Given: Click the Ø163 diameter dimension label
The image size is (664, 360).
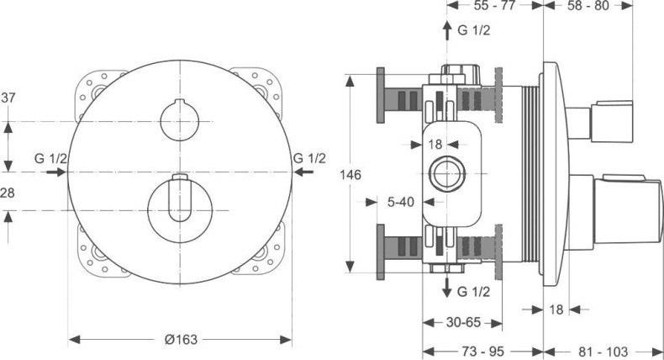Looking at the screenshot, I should pos(181,340).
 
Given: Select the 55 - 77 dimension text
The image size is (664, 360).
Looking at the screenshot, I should pos(495,6).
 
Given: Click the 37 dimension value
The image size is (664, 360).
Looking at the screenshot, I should pos(8,98).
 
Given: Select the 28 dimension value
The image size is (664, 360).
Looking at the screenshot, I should pos(8,193).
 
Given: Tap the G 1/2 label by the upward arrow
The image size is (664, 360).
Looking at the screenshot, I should pos(474,31).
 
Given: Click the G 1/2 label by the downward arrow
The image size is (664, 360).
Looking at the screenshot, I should pos(474,291).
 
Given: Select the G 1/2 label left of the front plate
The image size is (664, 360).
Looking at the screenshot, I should pos(51,158).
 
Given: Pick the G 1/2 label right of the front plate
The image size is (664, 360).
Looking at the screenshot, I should pos(309,158).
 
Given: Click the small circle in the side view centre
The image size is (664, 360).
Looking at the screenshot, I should pos(442,174).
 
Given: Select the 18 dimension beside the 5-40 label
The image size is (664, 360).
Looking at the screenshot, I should pos(435,145).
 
